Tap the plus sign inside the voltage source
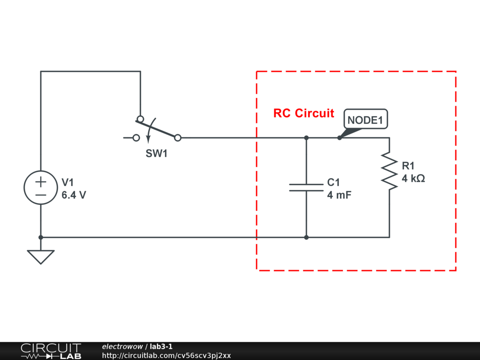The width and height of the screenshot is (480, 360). pyautogui.click(x=41, y=182)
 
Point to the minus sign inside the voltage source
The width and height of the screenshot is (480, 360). pyautogui.click(x=41, y=195)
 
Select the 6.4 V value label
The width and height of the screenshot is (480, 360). pyautogui.click(x=74, y=195)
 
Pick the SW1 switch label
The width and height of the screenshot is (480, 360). pyautogui.click(x=157, y=153)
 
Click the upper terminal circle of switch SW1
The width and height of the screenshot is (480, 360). pyautogui.click(x=140, y=119)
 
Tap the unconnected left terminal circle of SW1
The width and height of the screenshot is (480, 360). pyautogui.click(x=136, y=138)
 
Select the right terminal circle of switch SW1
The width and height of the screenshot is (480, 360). pyautogui.click(x=178, y=138)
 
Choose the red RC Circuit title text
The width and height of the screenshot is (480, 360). pyautogui.click(x=304, y=113)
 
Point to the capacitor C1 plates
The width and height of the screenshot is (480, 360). pyautogui.click(x=306, y=187)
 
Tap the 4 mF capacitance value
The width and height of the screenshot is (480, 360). pyautogui.click(x=339, y=195)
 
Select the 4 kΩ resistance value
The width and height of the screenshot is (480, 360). pyautogui.click(x=413, y=179)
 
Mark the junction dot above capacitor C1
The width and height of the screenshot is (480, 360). pyautogui.click(x=306, y=138)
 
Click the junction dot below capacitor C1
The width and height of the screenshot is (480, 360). pyautogui.click(x=306, y=237)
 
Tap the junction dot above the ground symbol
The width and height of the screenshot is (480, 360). pyautogui.click(x=41, y=237)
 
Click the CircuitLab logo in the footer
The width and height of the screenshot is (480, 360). pyautogui.click(x=51, y=351)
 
